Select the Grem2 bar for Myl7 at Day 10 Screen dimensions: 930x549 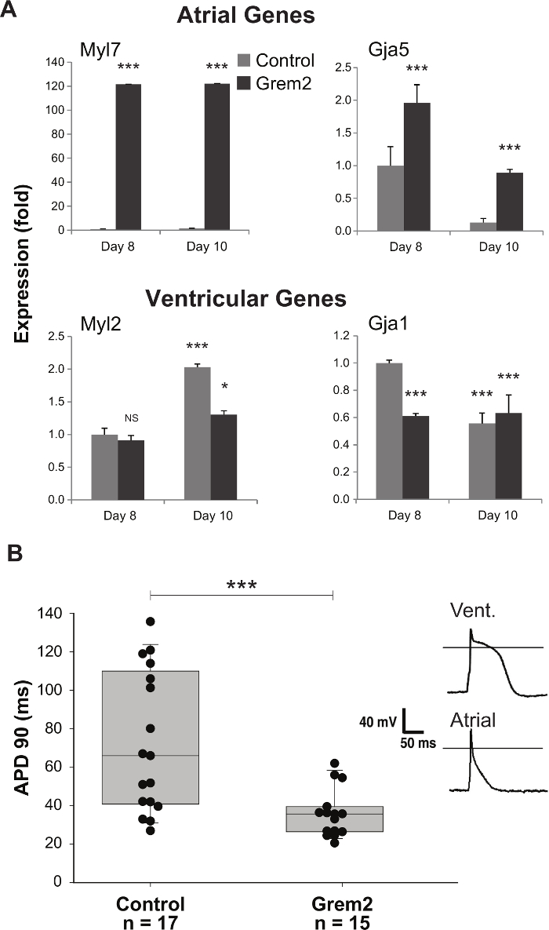coord(217,157)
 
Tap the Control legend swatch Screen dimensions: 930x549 coord(245,60)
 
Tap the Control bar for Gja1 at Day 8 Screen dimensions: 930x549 coord(390,431)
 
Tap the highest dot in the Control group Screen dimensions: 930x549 coord(150,622)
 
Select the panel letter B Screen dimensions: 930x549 coord(14,553)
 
